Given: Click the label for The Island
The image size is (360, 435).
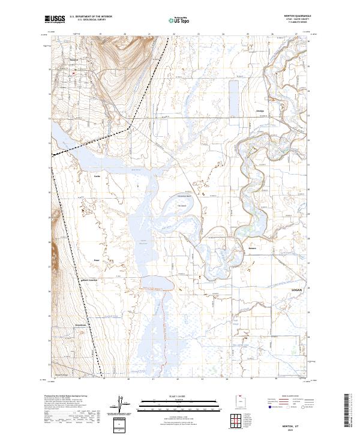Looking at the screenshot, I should click(182, 206).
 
